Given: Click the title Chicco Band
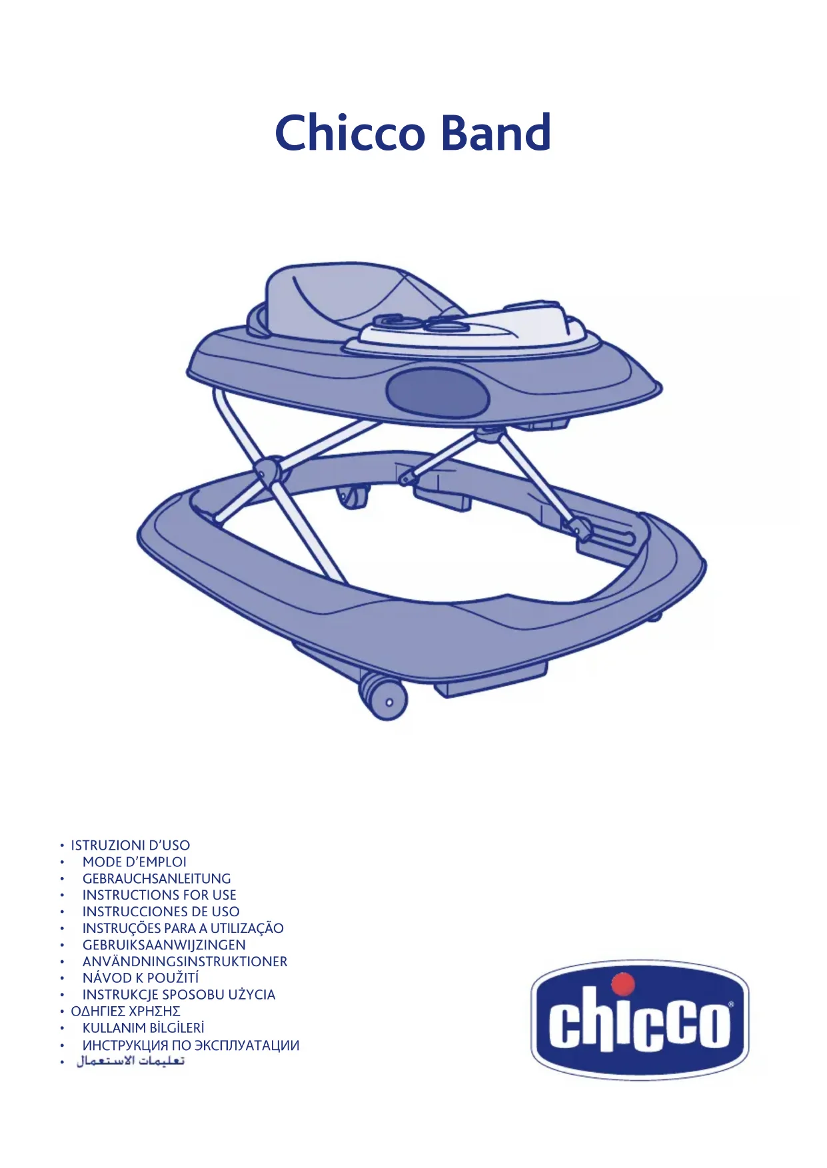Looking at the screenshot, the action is point(413,133).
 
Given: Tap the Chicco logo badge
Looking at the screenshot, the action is point(640,1019).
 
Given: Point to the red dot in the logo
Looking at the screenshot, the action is point(623,984).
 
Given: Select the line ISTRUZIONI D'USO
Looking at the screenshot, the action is point(131,845).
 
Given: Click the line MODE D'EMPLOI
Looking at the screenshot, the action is point(135,862).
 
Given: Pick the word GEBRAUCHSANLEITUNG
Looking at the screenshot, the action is point(157,878).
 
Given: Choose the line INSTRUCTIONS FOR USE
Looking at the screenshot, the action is point(159,895).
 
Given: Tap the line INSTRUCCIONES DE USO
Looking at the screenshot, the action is point(161,912).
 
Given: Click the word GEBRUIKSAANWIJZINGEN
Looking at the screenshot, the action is point(164,945).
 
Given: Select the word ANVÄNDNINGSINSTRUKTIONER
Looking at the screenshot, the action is point(185,962).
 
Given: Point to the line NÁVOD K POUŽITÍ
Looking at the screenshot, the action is point(141,978).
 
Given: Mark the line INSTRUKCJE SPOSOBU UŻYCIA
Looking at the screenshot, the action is point(179,995).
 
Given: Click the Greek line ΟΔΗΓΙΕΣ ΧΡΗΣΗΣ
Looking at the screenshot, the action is point(126,1012).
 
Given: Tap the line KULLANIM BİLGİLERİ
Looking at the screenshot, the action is point(143,1028).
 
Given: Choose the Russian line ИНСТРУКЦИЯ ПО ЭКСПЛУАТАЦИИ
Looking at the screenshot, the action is point(191,1045).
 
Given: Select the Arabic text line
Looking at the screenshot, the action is point(131,1061).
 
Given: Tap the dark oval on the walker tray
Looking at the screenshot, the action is point(437,392).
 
